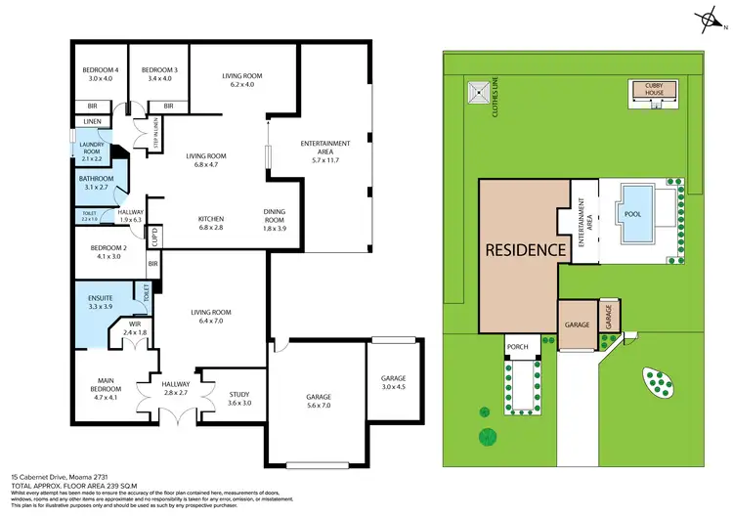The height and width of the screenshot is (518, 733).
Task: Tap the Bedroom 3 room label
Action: point(158,70)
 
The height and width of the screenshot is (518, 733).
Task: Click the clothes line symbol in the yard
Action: point(477,93)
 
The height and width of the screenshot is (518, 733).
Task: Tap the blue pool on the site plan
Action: point(632,214)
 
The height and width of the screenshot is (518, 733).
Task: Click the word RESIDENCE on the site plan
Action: point(527,249)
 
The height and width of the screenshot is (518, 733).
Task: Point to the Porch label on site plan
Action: point(517,346)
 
